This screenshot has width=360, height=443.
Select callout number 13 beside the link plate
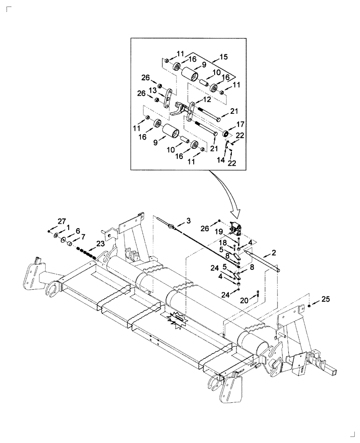[164, 90]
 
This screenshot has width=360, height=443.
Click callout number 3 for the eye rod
[188, 220]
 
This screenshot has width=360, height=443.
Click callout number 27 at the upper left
[61, 221]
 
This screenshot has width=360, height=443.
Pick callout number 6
[78, 231]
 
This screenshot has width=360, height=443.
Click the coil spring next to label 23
[85, 253]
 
